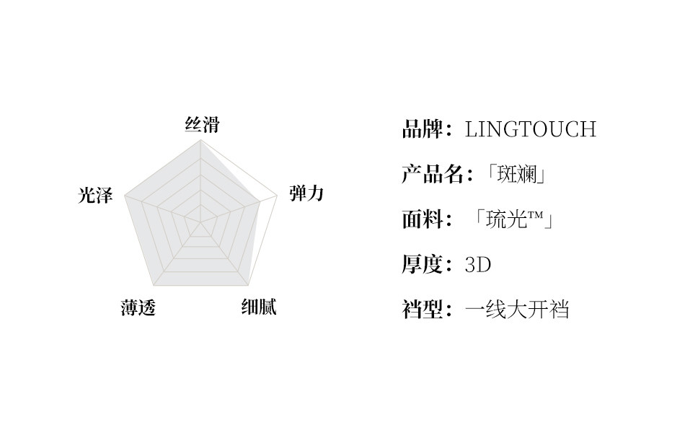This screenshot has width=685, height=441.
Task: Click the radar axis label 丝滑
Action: (x=202, y=126)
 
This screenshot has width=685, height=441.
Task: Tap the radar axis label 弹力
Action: (x=306, y=193)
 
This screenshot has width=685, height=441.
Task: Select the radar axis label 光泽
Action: (x=95, y=196)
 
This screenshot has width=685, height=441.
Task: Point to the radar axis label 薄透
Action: (x=138, y=308)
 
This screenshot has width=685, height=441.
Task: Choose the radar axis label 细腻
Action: (x=258, y=307)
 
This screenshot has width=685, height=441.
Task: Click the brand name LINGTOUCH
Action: (x=531, y=130)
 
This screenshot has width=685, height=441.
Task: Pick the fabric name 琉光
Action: (x=508, y=219)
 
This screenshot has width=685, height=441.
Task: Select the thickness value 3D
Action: (x=478, y=265)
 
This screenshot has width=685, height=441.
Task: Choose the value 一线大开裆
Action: (x=517, y=310)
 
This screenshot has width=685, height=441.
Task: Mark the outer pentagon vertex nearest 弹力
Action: (x=277, y=196)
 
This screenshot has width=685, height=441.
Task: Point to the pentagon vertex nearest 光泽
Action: (x=125, y=196)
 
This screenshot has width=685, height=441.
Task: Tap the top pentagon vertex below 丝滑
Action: (x=200, y=140)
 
